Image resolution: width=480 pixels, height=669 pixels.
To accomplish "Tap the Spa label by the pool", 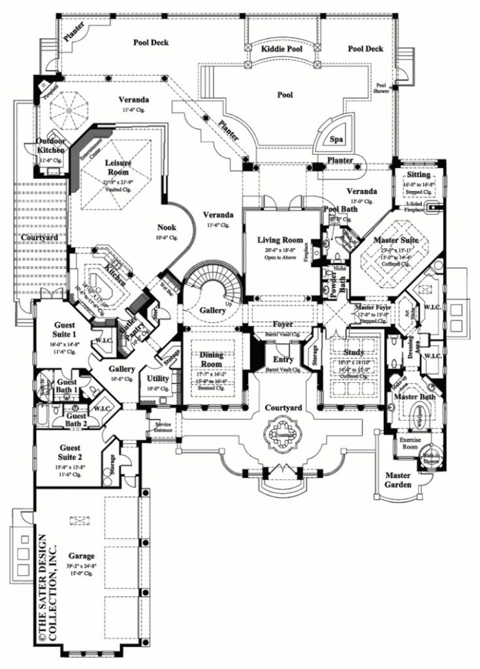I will coord(336,140).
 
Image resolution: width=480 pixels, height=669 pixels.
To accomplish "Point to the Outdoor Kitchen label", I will coord(52,146).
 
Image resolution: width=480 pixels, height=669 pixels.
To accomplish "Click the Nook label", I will coord(166,227).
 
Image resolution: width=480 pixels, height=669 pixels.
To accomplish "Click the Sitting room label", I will coord(419,175).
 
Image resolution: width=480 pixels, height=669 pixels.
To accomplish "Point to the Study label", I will coord(353,352).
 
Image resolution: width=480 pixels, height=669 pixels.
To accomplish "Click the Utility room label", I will coord(158,378).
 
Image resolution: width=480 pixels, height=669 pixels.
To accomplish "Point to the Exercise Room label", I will coord(412,444).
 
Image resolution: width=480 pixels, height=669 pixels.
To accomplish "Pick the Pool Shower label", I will coord(381,88).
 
